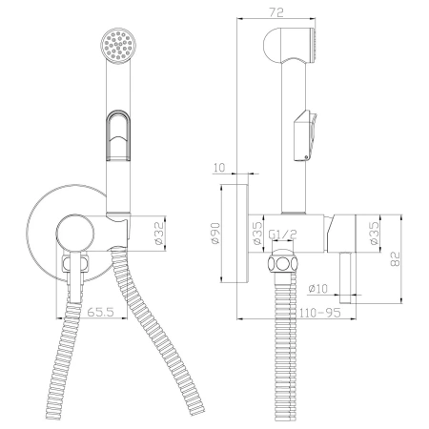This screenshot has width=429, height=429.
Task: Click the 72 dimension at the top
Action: (x=276, y=12)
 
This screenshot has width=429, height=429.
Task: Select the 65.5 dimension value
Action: (x=100, y=312)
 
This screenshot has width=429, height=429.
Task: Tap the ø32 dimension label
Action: (x=159, y=234)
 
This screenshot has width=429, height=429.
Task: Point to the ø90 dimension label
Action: (x=215, y=234)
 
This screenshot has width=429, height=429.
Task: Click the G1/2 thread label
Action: (x=282, y=235)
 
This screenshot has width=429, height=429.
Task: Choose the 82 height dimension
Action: (x=395, y=258)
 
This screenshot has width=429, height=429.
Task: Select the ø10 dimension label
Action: (x=317, y=289)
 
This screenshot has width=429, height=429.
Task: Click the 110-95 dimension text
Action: (x=320, y=313)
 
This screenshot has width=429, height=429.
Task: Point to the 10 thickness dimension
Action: (x=219, y=167)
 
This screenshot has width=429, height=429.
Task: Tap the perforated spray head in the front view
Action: (x=118, y=45)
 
